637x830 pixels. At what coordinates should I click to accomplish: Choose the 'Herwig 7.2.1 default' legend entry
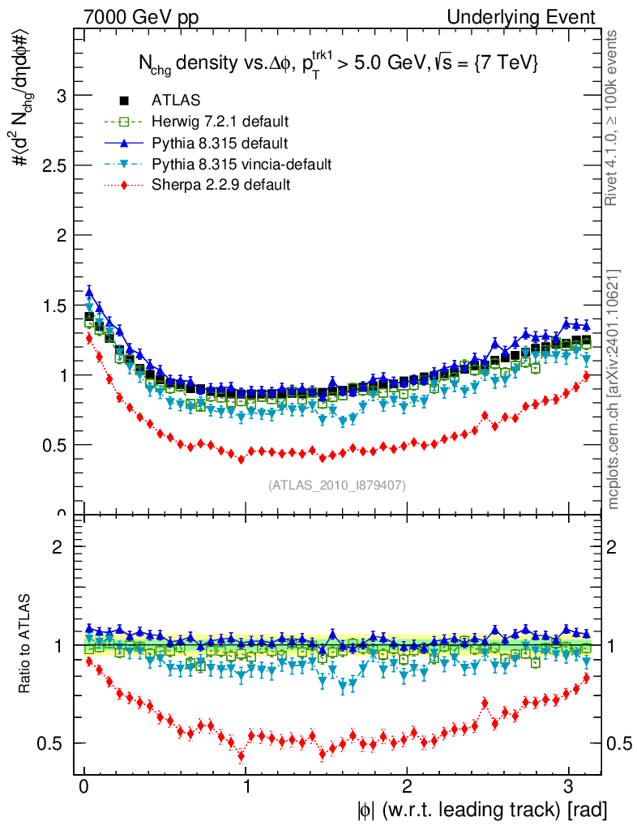[x=220, y=122]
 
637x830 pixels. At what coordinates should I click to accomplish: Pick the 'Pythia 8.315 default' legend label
[x=220, y=143]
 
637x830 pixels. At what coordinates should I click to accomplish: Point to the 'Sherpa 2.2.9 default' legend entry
[x=221, y=186]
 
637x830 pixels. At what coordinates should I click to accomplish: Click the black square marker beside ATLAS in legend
[x=125, y=101]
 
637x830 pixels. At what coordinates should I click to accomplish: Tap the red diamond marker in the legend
[x=125, y=186]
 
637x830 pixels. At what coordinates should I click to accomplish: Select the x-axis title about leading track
[x=481, y=810]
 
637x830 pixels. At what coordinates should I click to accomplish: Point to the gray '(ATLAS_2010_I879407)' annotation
[x=337, y=486]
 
